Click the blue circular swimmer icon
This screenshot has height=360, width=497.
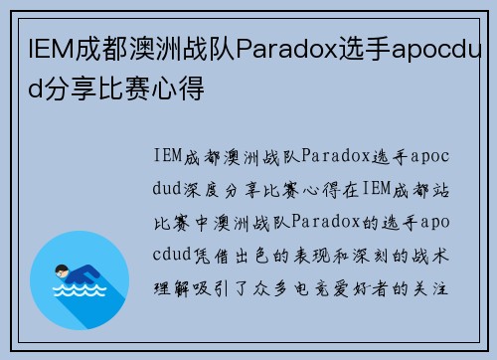[80, 279]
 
